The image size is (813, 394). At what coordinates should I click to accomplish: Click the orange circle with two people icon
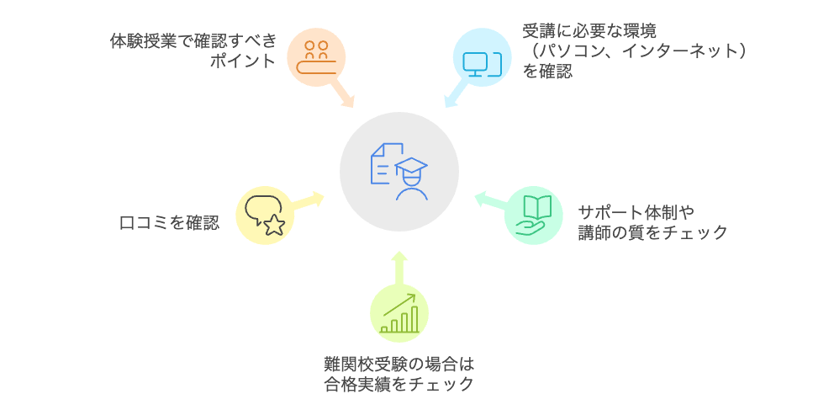click(x=316, y=56)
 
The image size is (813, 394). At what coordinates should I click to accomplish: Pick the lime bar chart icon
click(x=399, y=314)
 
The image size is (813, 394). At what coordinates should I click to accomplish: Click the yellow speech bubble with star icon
click(x=265, y=215)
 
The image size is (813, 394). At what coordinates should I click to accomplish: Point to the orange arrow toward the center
click(x=342, y=93)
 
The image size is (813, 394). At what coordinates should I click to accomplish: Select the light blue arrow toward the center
click(x=455, y=94)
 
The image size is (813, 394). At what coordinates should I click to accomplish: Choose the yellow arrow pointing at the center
click(x=308, y=200)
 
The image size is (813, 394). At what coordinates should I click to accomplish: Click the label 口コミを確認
click(x=169, y=223)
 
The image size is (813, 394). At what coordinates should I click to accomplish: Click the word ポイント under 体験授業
click(x=243, y=61)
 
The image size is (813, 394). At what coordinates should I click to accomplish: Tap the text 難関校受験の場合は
click(x=399, y=364)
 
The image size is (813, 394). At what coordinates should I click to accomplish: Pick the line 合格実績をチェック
click(x=399, y=384)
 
